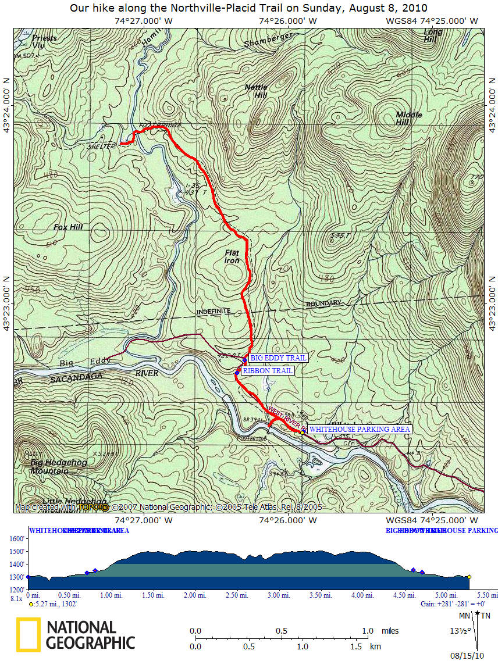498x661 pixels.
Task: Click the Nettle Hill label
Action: [255, 91]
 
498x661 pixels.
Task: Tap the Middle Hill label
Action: [409, 119]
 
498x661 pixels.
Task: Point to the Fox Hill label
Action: [69, 227]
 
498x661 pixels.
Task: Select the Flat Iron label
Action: [232, 256]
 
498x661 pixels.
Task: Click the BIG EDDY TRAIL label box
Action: [278, 358]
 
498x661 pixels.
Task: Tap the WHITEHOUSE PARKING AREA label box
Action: [360, 430]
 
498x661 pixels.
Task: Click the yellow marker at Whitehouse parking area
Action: [303, 432]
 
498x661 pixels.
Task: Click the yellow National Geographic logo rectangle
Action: [28, 634]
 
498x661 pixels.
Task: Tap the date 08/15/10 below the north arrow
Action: [471, 655]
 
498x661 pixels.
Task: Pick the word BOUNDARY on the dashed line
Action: [323, 303]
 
